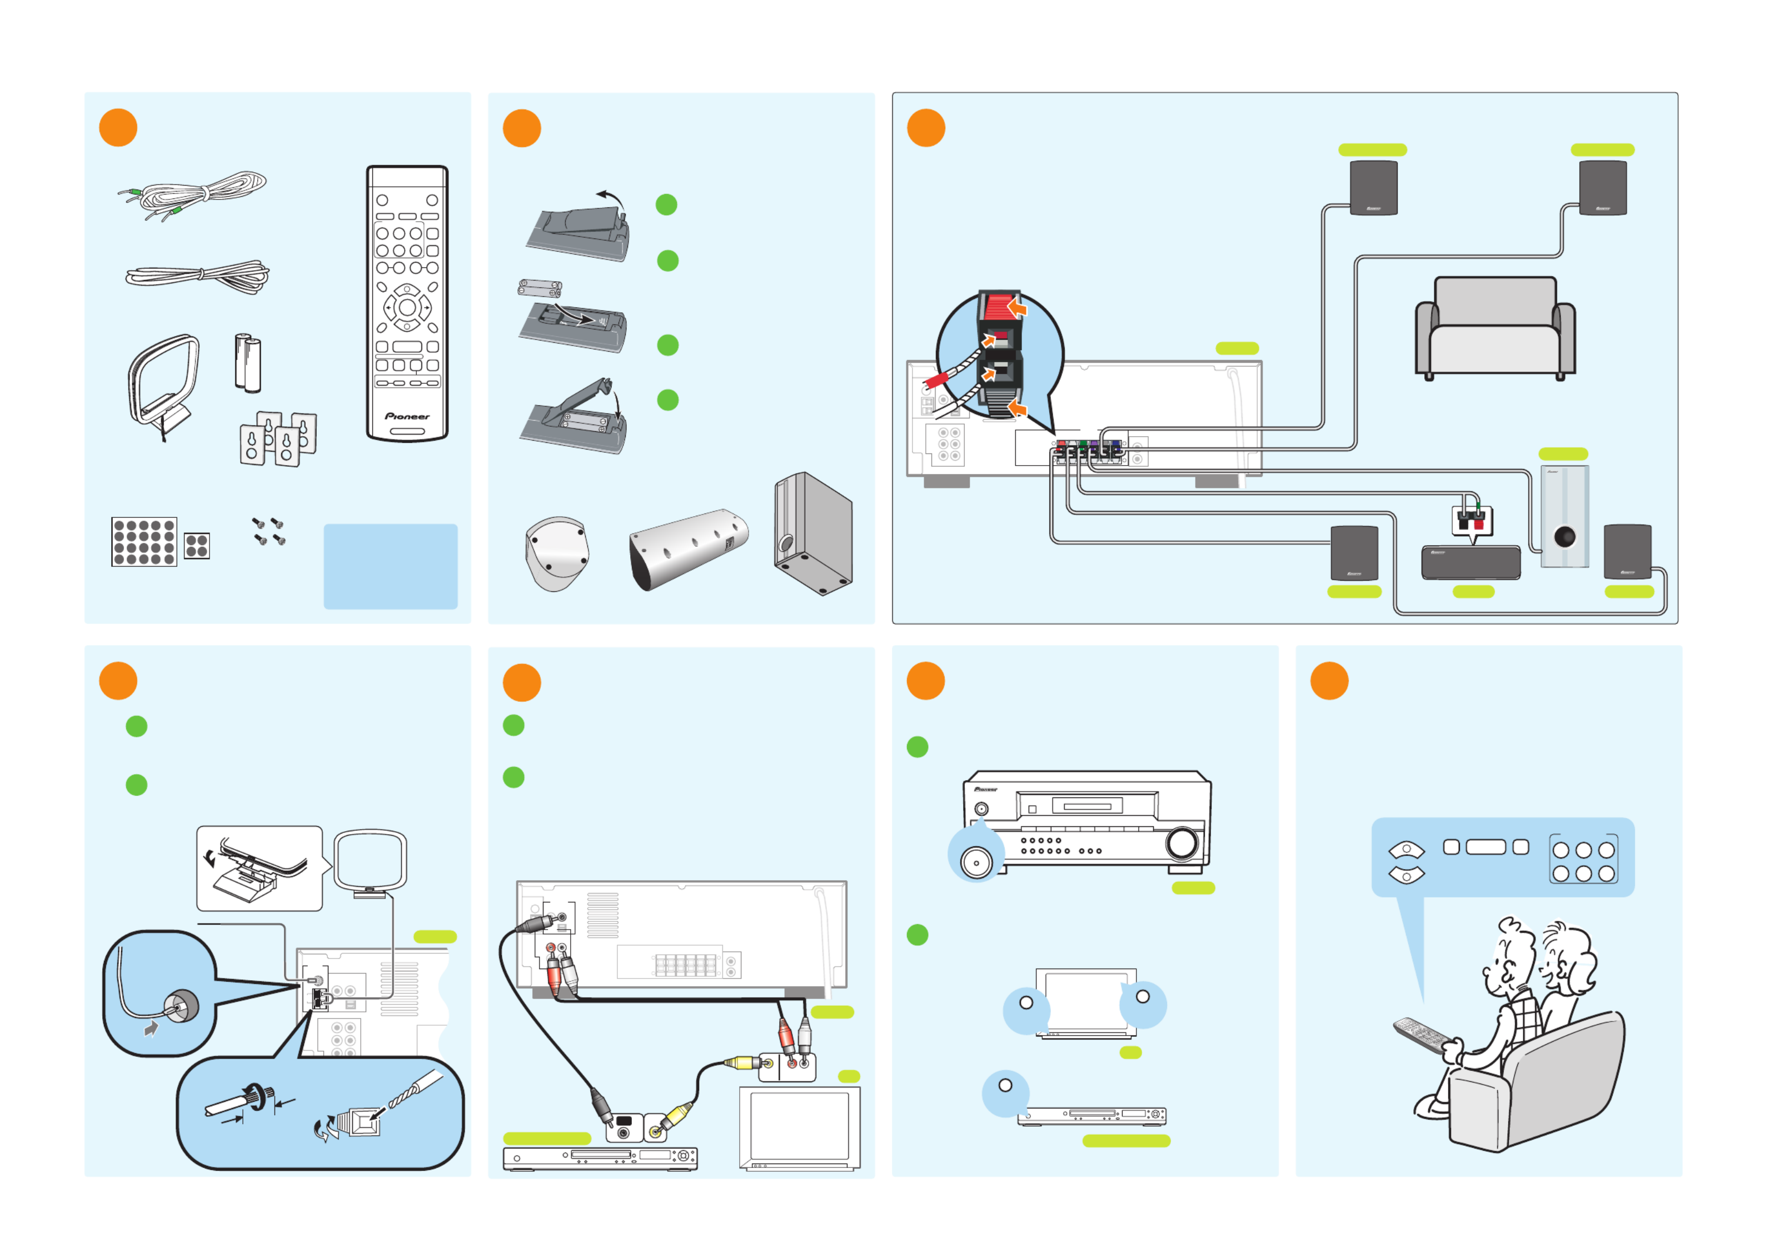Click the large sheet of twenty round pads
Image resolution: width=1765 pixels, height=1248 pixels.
pos(144,542)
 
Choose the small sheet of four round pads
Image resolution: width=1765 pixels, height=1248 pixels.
pos(197,546)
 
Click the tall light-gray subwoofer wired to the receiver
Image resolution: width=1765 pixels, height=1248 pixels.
pos(1564,516)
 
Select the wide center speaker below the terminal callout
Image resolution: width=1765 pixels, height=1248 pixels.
pos(1470,562)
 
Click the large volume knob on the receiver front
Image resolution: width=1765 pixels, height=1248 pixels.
pos(1181,842)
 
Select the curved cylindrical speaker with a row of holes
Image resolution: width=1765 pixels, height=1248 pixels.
pos(688,548)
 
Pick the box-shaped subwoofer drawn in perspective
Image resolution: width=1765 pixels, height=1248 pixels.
pos(814,534)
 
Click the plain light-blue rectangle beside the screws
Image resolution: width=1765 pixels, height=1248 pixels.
pos(391,566)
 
